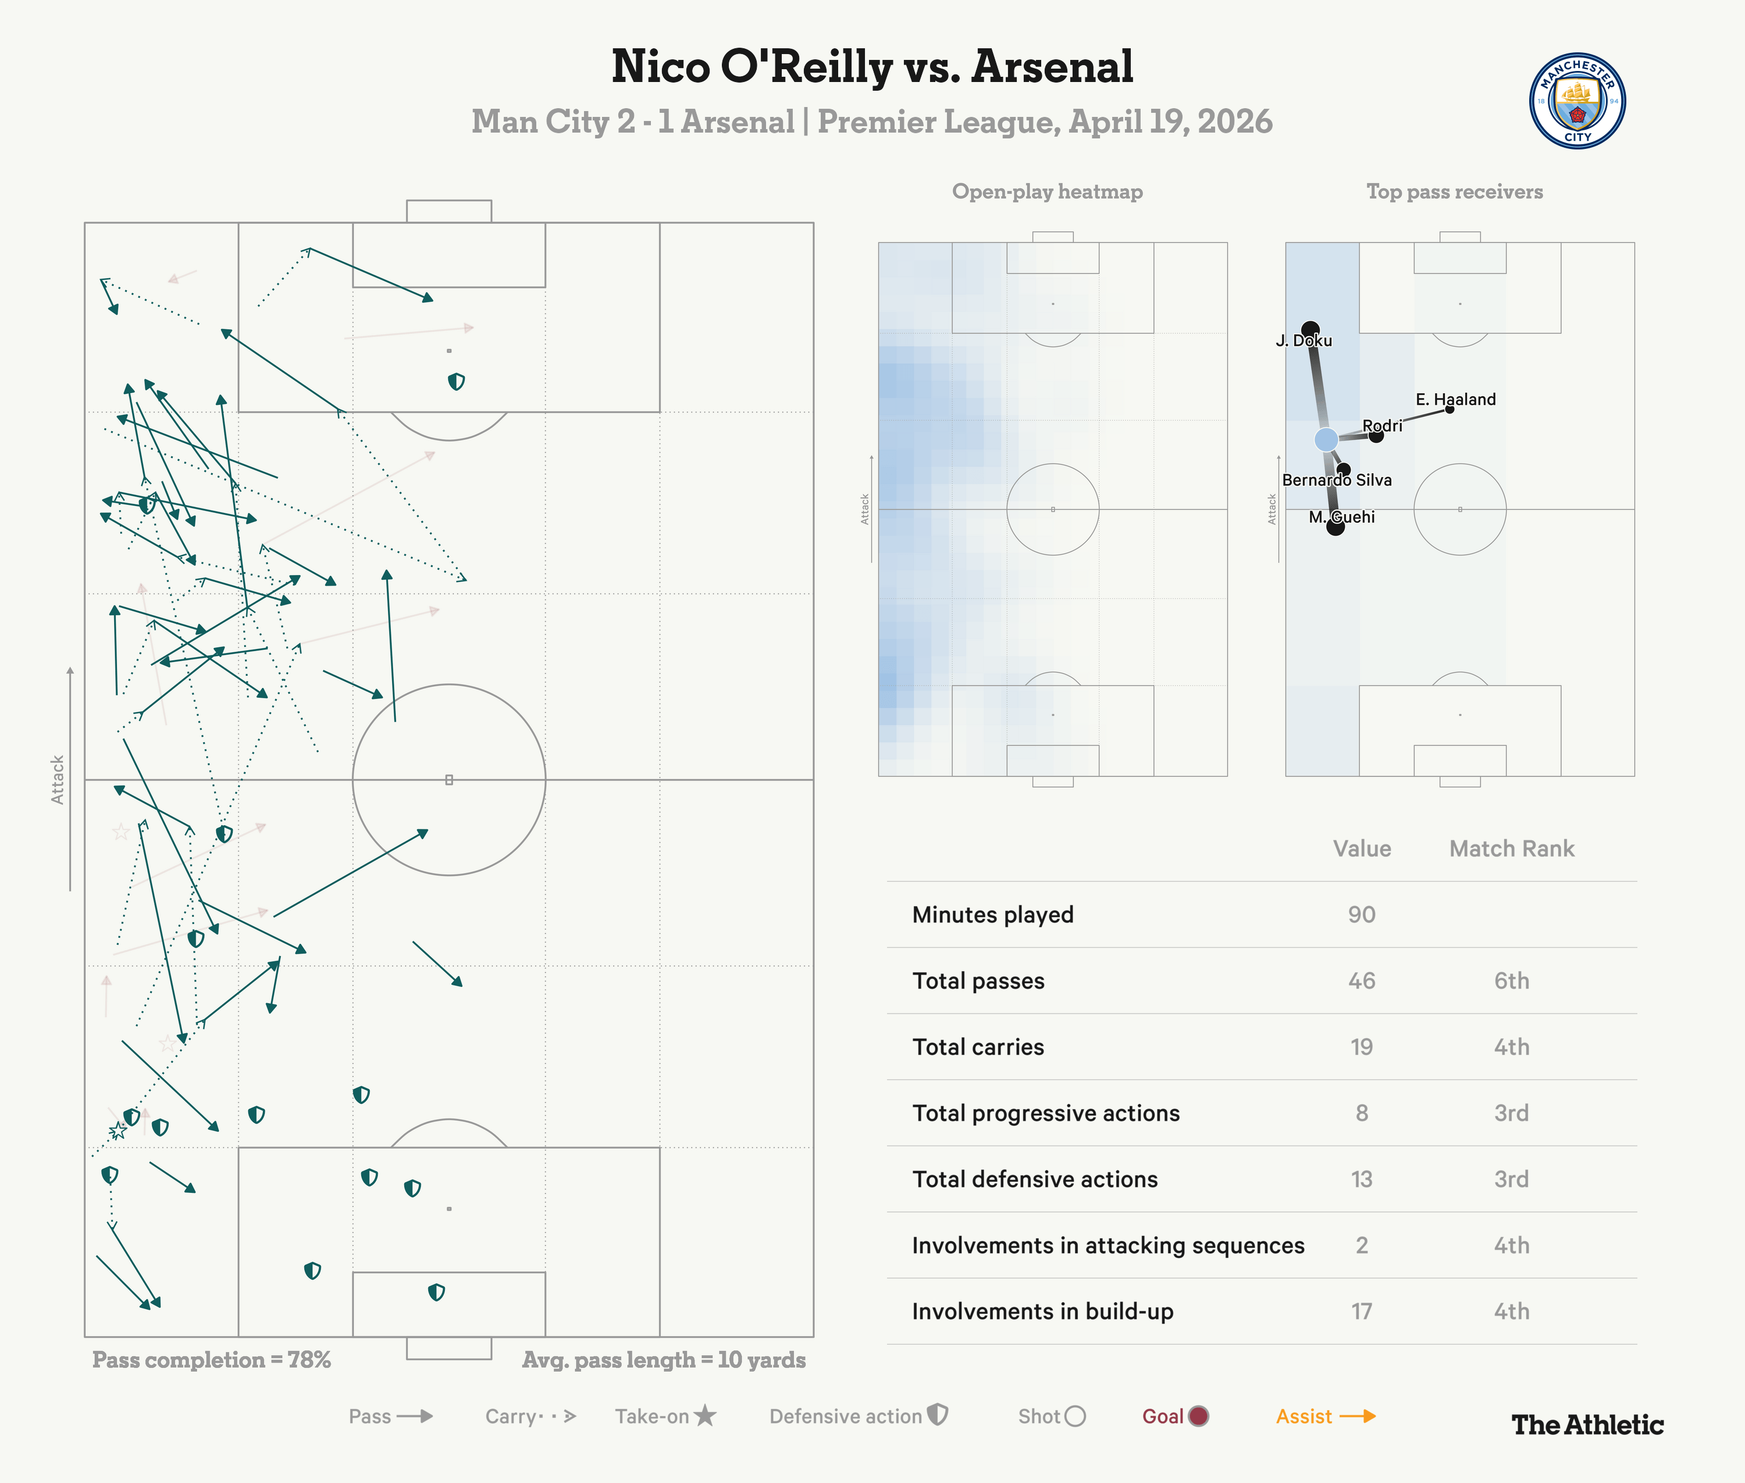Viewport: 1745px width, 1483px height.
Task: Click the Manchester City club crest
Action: (x=1577, y=101)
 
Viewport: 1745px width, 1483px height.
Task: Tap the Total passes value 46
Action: (x=1362, y=981)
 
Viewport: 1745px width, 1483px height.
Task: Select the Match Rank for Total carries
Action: (x=1511, y=1047)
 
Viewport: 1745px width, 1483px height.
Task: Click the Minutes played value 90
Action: (x=1362, y=915)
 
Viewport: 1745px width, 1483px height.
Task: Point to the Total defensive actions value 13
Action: (x=1362, y=1179)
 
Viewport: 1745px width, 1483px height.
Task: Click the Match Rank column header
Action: (x=1511, y=849)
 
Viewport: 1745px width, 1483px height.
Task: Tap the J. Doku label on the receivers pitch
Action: (x=1304, y=340)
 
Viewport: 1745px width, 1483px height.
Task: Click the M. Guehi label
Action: (x=1341, y=517)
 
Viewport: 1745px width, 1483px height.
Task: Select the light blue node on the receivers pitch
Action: (x=1326, y=439)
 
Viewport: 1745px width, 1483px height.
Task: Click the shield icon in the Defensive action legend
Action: (x=938, y=1415)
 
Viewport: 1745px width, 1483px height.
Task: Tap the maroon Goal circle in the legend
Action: (x=1198, y=1417)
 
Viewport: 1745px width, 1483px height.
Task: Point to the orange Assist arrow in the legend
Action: (x=1357, y=1417)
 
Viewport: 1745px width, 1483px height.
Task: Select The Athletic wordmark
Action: (x=1587, y=1425)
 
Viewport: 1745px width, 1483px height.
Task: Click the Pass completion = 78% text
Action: (x=211, y=1360)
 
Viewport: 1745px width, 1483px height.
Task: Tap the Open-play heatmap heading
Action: (x=1047, y=192)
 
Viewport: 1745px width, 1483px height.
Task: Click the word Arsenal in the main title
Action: (x=1052, y=67)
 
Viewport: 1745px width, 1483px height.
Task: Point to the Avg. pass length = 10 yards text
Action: (x=664, y=1360)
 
